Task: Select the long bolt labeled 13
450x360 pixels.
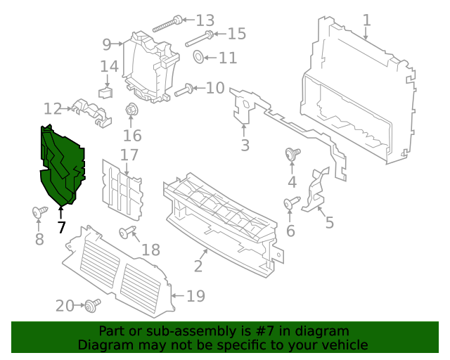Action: click(x=165, y=23)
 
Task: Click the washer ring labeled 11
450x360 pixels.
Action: click(x=198, y=57)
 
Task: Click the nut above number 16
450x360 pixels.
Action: click(x=131, y=110)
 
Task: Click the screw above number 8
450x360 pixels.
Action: click(x=39, y=211)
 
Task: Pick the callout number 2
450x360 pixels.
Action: click(x=198, y=266)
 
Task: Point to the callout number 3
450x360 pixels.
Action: click(x=245, y=146)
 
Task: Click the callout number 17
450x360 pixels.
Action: click(x=129, y=155)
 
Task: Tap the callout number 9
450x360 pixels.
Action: click(x=107, y=44)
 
